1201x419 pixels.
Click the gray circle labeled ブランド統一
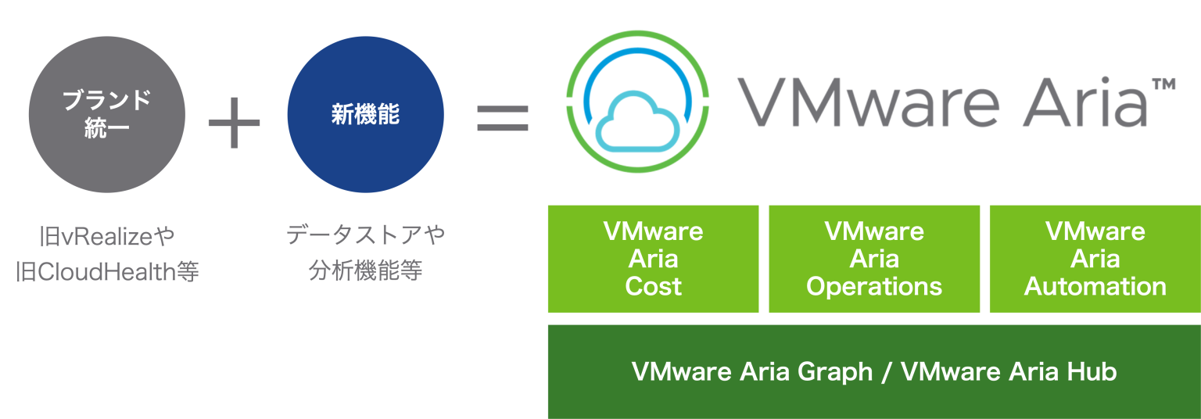[107, 114]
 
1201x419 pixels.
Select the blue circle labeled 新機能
[365, 114]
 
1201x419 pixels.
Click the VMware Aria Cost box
[653, 259]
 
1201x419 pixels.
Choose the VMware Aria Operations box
[874, 259]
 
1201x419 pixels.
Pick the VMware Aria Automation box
[1095, 259]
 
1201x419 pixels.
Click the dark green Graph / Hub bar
[873, 372]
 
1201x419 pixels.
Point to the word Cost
[653, 286]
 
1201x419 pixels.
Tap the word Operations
[874, 287]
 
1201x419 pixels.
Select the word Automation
[1095, 286]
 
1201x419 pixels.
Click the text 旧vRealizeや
[107, 235]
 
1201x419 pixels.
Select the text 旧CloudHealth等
[107, 272]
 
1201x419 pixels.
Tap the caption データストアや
[365, 235]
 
